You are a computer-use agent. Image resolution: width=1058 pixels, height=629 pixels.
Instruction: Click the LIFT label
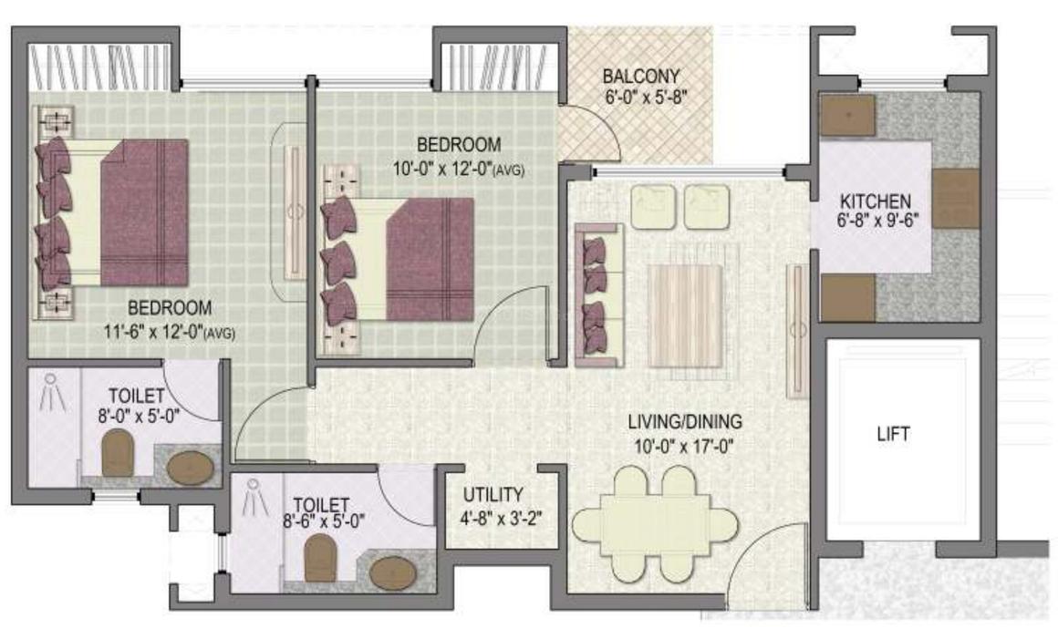(893, 434)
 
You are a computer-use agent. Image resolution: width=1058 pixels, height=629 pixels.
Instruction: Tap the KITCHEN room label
(875, 201)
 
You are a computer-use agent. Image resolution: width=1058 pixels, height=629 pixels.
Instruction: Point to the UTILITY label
(493, 495)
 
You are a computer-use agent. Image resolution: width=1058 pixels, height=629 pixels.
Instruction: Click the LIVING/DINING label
(685, 423)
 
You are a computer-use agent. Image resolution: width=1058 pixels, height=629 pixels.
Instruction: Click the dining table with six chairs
(655, 525)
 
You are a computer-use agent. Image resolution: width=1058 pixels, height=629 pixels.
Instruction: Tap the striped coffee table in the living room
(685, 315)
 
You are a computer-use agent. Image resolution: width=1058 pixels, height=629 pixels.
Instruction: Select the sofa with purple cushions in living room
(598, 294)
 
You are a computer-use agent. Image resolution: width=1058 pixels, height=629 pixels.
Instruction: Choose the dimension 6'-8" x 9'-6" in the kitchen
(875, 221)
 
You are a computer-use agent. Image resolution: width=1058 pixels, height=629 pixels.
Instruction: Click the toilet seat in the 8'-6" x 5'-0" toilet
(319, 557)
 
